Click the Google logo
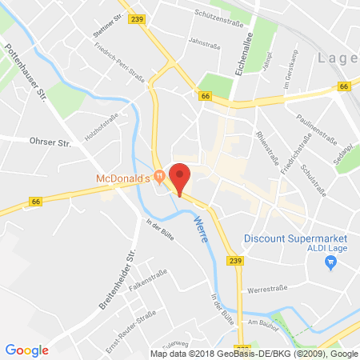coord(26,349)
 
